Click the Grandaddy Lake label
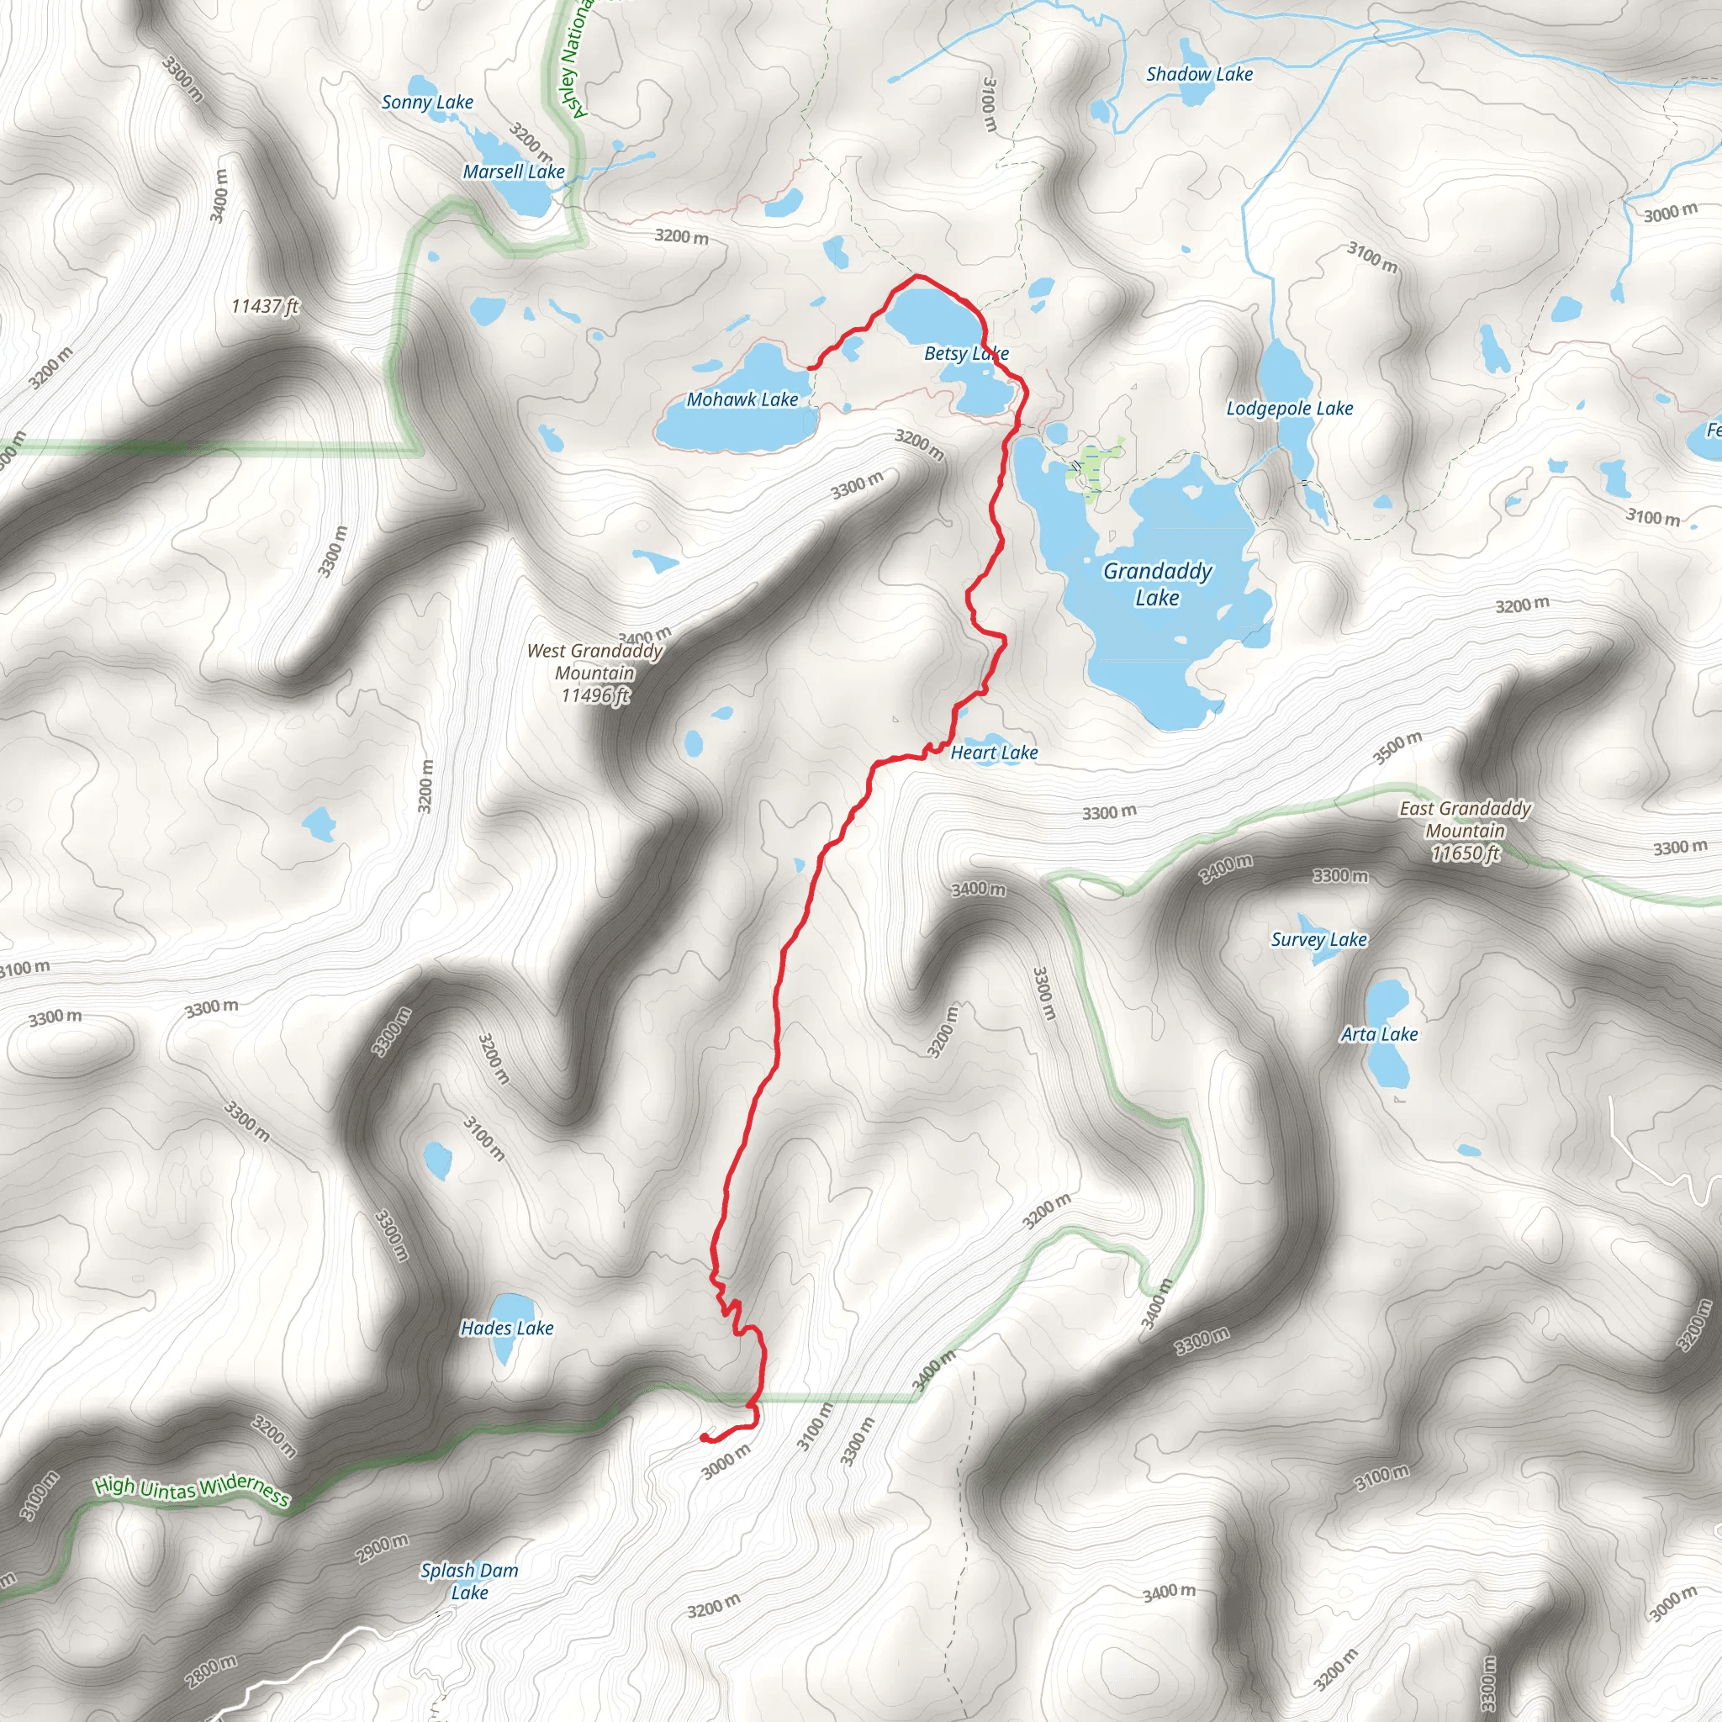click(1157, 584)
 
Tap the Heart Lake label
click(994, 753)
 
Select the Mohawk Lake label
click(742, 399)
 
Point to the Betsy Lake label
click(965, 354)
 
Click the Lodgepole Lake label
click(1289, 408)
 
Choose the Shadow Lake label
click(1199, 75)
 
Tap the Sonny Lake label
click(427, 103)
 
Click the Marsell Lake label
click(514, 172)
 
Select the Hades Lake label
click(506, 1328)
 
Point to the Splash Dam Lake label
click(469, 1582)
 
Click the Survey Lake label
click(1318, 939)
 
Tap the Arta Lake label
click(1379, 1034)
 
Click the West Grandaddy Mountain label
click(594, 673)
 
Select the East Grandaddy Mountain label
click(1465, 831)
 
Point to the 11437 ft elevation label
click(265, 307)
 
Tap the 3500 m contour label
click(1397, 747)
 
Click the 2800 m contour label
click(211, 1671)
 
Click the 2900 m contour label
click(382, 1548)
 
